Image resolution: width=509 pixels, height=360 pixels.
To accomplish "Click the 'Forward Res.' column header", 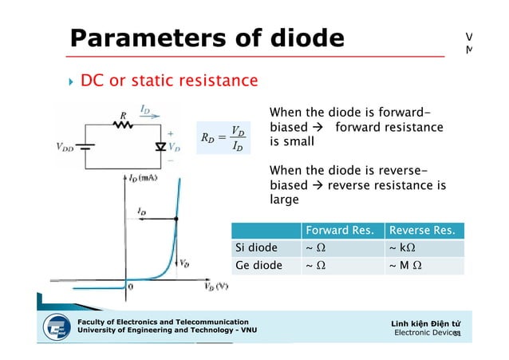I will pyautogui.click(x=339, y=231).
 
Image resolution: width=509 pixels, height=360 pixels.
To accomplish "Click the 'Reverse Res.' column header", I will pyautogui.click(x=422, y=231).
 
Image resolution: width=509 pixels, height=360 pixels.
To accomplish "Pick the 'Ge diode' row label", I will pyautogui.click(x=256, y=266).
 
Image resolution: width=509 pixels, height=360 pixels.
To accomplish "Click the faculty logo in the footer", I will pyautogui.click(x=57, y=328).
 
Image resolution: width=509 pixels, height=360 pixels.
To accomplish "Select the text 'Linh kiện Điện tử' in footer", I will pyautogui.click(x=425, y=323).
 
